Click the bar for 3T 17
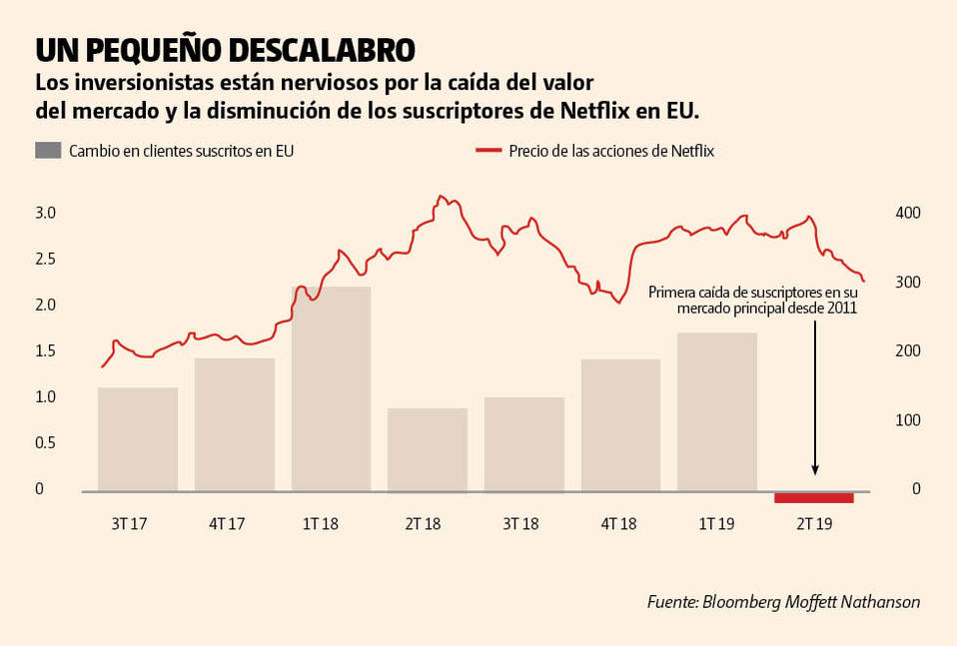[138, 439]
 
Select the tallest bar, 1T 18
[331, 388]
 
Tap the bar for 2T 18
[428, 449]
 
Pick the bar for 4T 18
[620, 425]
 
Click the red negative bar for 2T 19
[814, 497]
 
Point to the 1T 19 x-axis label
[716, 524]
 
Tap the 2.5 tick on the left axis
[46, 260]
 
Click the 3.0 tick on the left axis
[46, 214]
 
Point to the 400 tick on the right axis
[906, 214]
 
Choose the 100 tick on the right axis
[906, 420]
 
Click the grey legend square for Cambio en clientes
[48, 151]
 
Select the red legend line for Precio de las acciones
[487, 151]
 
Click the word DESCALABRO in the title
[322, 49]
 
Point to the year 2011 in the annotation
[840, 310]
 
